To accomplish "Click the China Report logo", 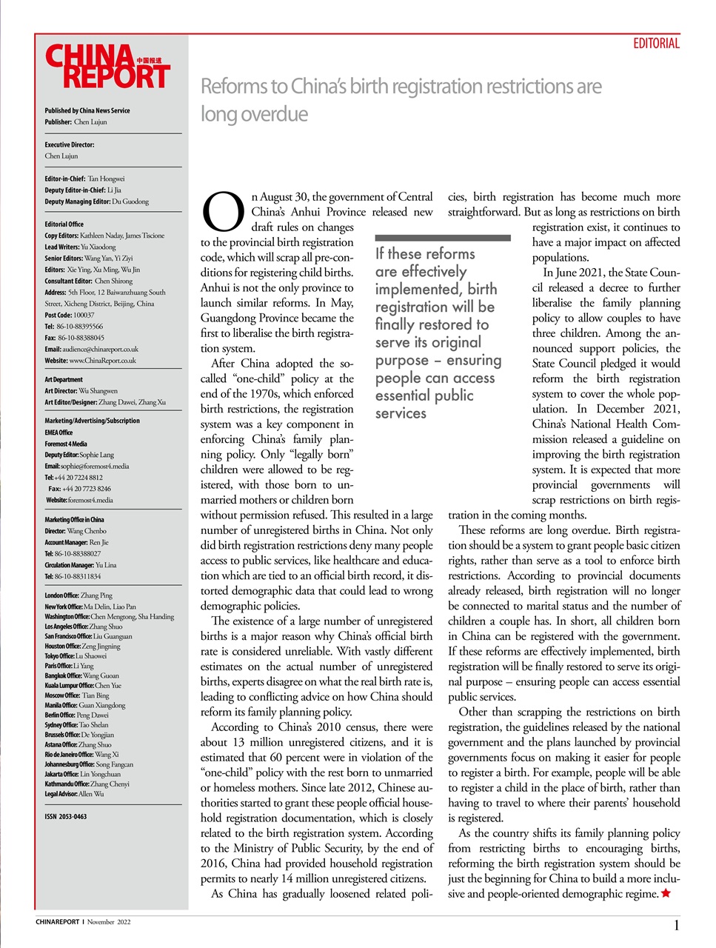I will [107, 67].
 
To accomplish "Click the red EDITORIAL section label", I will [656, 44].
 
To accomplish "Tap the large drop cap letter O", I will [223, 213].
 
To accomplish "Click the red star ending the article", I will [666, 893].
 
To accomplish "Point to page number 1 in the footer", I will [676, 925].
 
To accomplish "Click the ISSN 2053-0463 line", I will [65, 816].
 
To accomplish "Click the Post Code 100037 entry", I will [69, 315].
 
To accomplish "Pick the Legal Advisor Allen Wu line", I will [74, 793].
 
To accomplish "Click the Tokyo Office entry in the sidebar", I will [75, 655].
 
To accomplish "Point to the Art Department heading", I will [64, 379].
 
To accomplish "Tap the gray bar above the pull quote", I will [442, 238].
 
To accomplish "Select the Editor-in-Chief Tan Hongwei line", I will [84, 178].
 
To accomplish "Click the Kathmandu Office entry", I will [87, 784].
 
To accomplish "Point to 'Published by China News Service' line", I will [87, 110].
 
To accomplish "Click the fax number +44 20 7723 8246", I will [79, 489].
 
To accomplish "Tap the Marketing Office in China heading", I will [74, 519].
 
